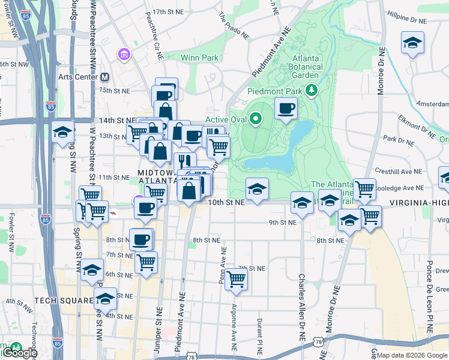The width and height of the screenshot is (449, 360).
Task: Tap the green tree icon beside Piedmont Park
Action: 311,91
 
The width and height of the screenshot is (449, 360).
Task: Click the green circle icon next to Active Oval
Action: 256,119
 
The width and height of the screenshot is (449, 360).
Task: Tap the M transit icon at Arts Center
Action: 105,77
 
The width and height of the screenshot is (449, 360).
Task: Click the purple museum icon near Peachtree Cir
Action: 124,56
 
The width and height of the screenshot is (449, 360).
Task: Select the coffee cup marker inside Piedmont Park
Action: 286,109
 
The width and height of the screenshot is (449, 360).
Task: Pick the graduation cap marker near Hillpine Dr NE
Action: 412,43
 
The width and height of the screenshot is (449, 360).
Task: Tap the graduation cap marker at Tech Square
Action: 105,298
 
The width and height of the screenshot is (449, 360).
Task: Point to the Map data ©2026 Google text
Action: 414,355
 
